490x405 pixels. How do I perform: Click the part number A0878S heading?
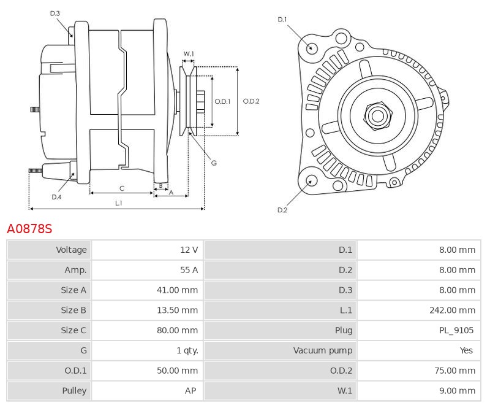29,229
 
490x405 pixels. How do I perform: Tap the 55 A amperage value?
186,270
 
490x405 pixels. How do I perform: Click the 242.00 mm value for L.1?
453,310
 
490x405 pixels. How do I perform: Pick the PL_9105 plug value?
456,330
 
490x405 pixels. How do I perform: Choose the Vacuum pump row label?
323,350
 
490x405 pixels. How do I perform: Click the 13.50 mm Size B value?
177,310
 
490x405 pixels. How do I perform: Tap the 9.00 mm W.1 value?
457,390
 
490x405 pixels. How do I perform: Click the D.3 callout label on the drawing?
55,13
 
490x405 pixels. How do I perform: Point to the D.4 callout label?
56,196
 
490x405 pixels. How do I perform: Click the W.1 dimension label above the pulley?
189,54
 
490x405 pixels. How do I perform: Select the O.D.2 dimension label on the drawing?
251,101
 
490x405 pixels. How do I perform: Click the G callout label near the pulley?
214,163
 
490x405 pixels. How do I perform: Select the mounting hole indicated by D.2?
311,180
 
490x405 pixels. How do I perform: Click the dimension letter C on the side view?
122,188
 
